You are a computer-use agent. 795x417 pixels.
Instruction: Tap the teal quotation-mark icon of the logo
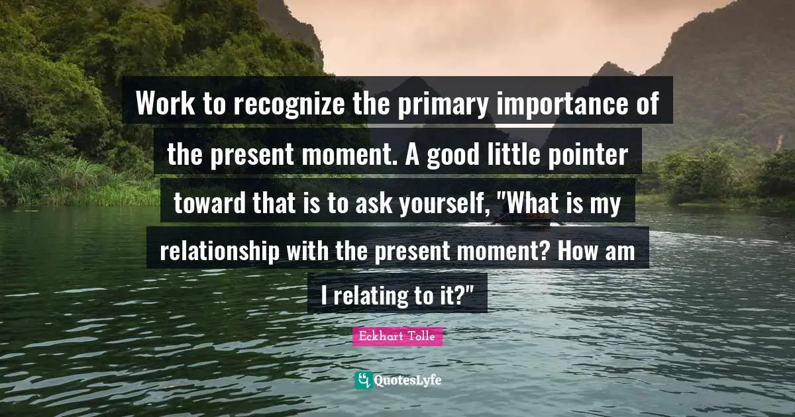pos(363,380)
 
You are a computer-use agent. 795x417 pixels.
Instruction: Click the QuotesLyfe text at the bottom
pos(407,380)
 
